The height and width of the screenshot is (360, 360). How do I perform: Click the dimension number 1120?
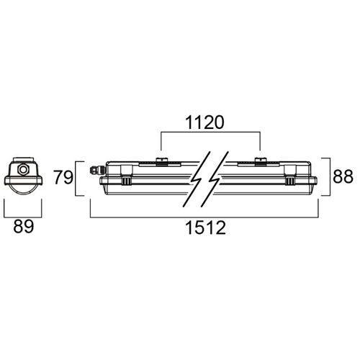point(210,123)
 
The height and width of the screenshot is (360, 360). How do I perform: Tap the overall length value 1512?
point(204,229)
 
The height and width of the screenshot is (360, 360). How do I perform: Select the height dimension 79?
point(63,176)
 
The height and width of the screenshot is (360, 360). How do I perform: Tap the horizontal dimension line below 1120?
point(210,133)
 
